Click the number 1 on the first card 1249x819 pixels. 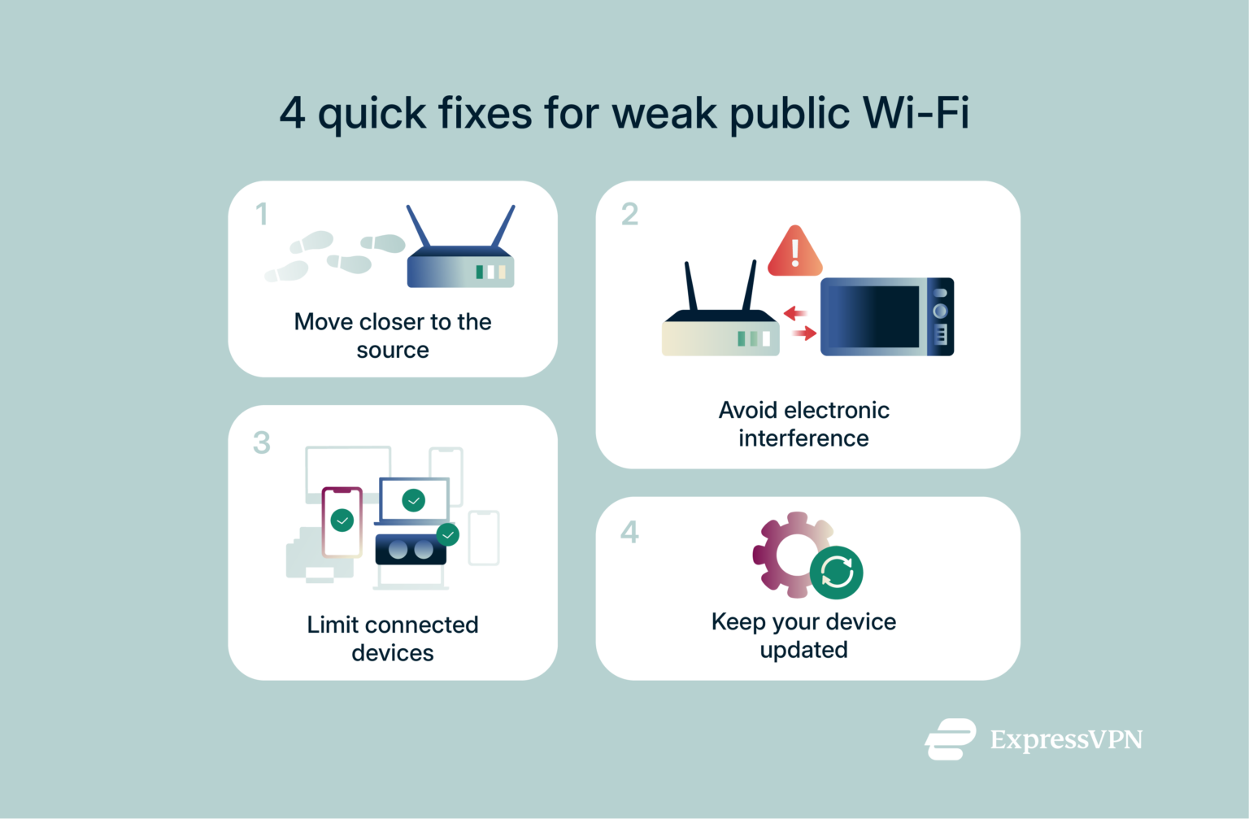(x=261, y=214)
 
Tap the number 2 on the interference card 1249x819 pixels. (x=629, y=214)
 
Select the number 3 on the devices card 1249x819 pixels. (x=261, y=443)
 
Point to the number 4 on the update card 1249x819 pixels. (x=629, y=532)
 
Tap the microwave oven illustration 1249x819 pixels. (x=886, y=316)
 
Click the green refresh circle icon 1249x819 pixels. (x=836, y=573)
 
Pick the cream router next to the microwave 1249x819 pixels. (x=720, y=325)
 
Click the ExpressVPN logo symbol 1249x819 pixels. (x=950, y=739)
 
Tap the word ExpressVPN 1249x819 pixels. (x=1066, y=739)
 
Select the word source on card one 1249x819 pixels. (x=393, y=351)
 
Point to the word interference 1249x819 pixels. (x=803, y=438)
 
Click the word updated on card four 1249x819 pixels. (x=803, y=650)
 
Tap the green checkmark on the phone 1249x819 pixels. (x=342, y=520)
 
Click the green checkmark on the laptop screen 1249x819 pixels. (x=414, y=499)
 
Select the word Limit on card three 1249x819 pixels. (x=333, y=625)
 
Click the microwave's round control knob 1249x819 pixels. (x=940, y=311)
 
